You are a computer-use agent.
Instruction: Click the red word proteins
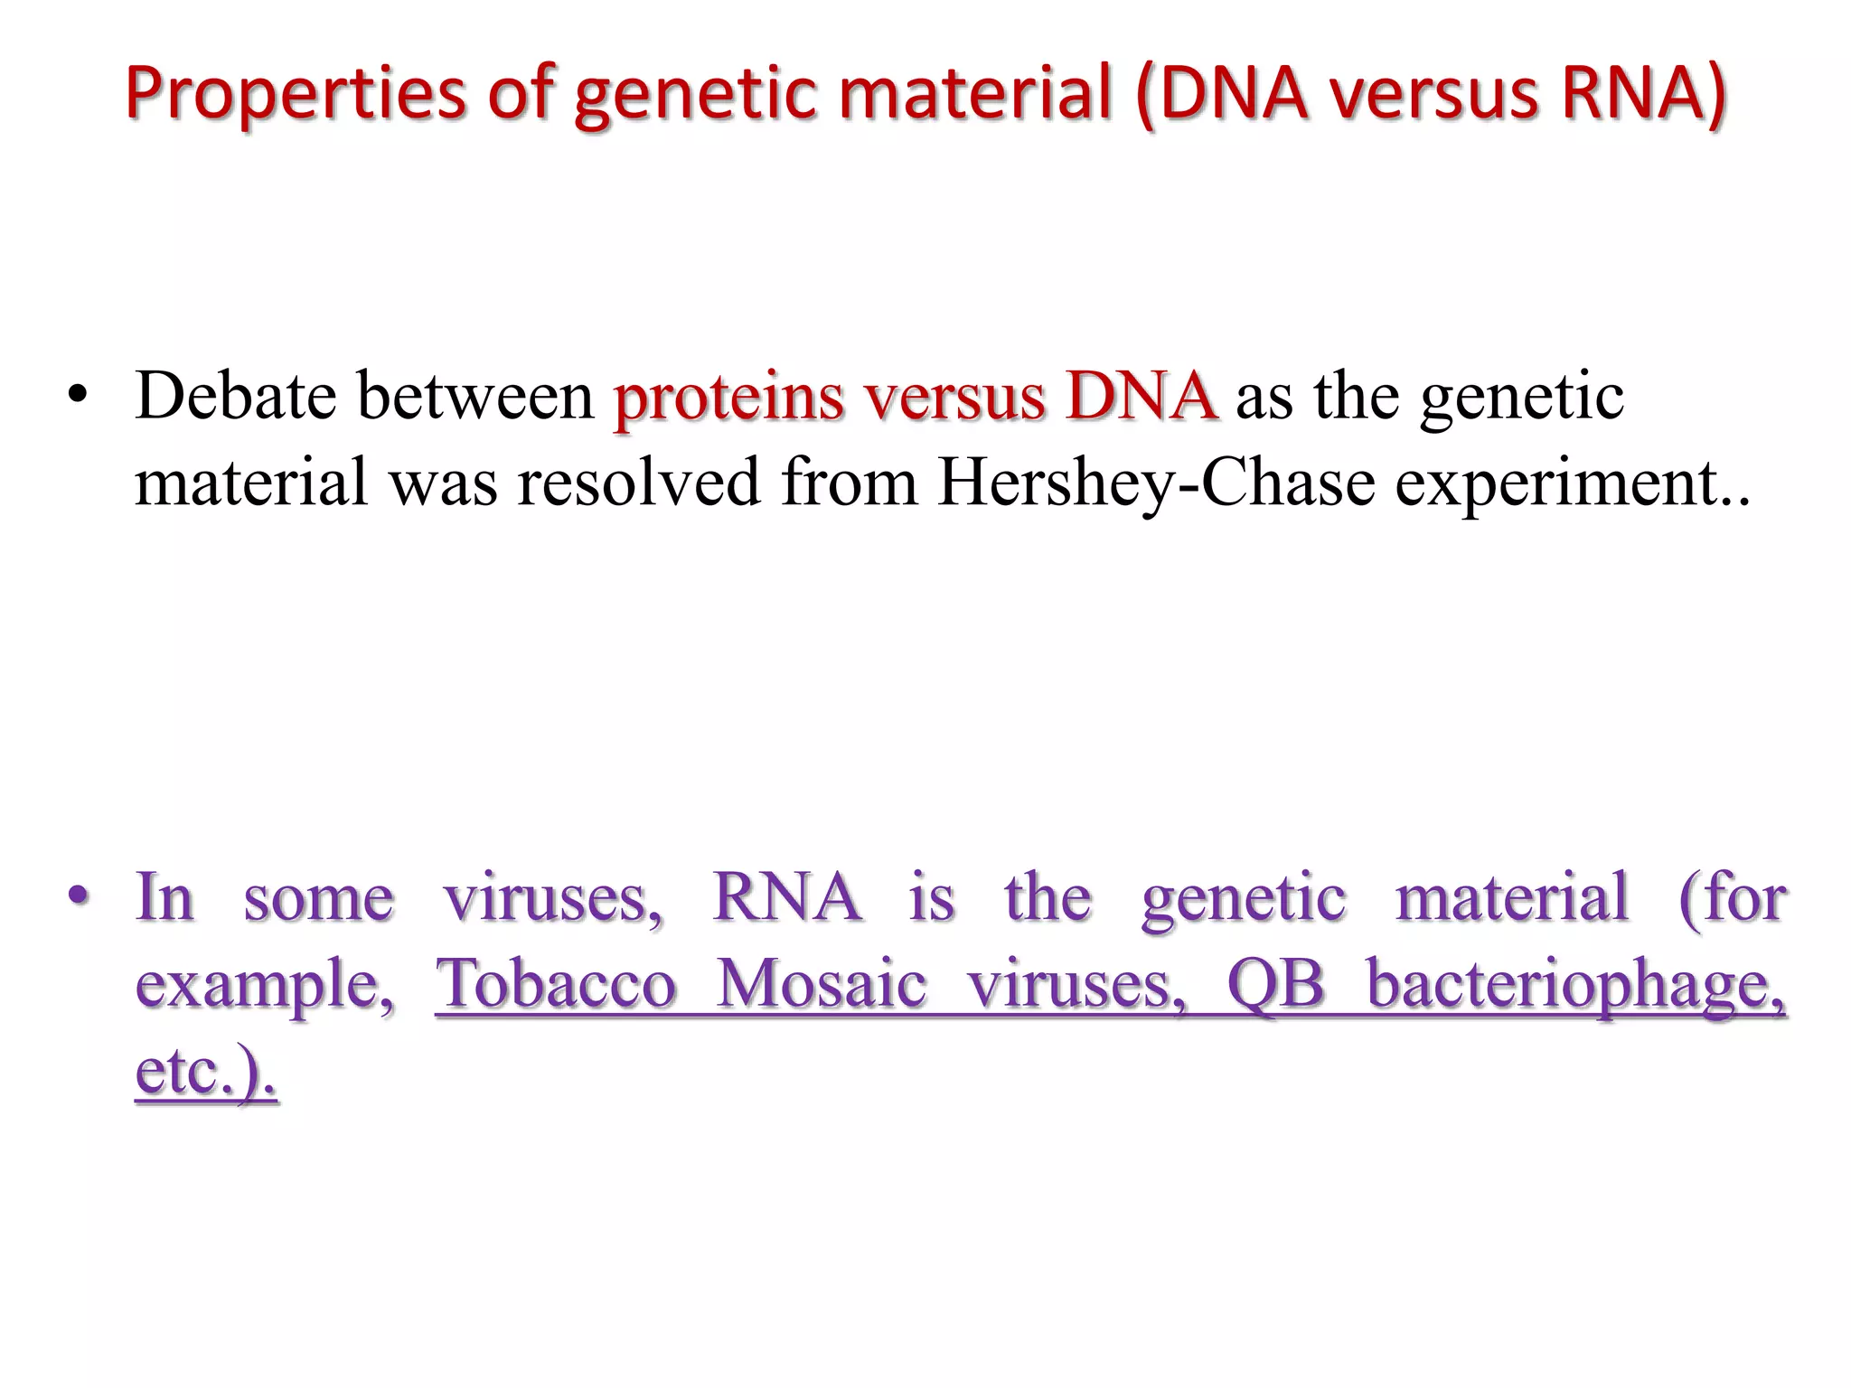coord(728,398)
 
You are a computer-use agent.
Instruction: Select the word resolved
coord(638,483)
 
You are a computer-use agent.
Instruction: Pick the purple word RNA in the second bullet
coord(786,897)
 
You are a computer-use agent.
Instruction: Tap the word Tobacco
coord(556,983)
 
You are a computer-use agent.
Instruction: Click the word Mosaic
coord(821,983)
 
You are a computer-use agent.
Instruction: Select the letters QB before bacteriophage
coord(1274,983)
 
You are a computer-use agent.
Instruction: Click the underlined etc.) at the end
coord(205,1071)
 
